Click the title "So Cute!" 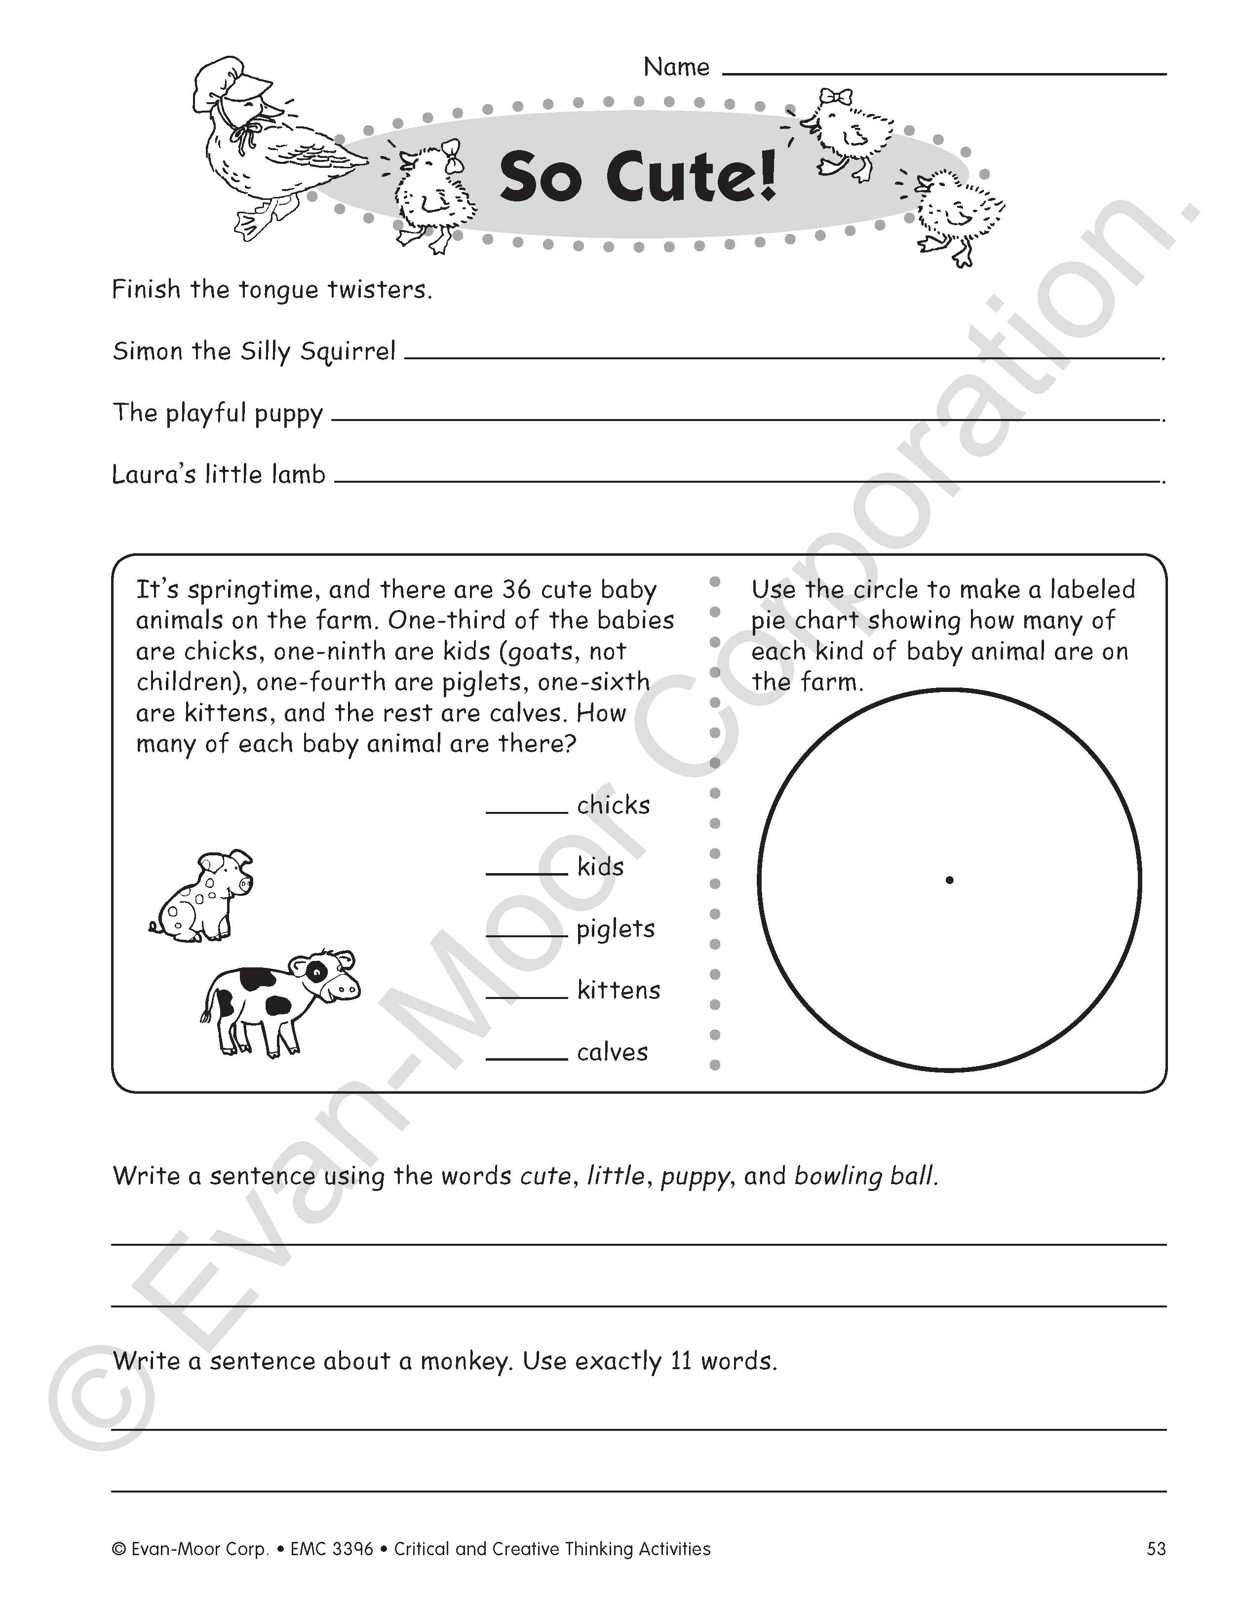click(x=638, y=177)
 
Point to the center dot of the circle click(x=949, y=879)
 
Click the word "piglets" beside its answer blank click(x=616, y=929)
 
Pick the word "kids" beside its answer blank click(x=600, y=867)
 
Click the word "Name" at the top click(x=676, y=67)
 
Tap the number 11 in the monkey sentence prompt click(x=682, y=1361)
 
